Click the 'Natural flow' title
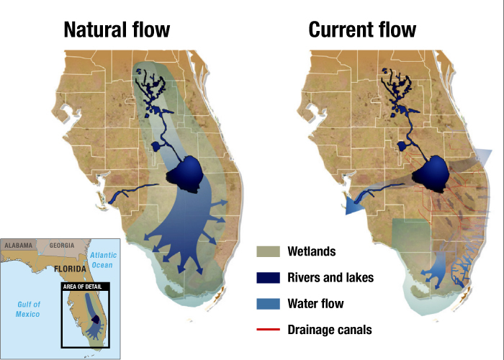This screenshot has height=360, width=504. [117, 30]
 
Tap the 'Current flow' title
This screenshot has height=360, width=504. [362, 30]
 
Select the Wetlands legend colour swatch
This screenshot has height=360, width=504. [269, 251]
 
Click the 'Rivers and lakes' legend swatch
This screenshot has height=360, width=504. [269, 277]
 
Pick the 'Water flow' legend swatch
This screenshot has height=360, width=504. [269, 303]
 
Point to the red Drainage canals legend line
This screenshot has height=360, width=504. [269, 329]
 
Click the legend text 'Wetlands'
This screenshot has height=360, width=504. [312, 251]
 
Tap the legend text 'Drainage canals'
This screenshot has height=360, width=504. [330, 329]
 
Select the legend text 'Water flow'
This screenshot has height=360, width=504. [315, 303]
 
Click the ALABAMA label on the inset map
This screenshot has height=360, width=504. [19, 246]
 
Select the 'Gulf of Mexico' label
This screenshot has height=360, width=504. [29, 309]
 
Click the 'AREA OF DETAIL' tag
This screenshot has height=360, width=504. [85, 286]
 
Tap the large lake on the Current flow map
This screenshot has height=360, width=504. [431, 174]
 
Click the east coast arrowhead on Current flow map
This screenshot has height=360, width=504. [483, 158]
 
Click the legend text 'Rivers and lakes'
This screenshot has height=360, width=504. [330, 277]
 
